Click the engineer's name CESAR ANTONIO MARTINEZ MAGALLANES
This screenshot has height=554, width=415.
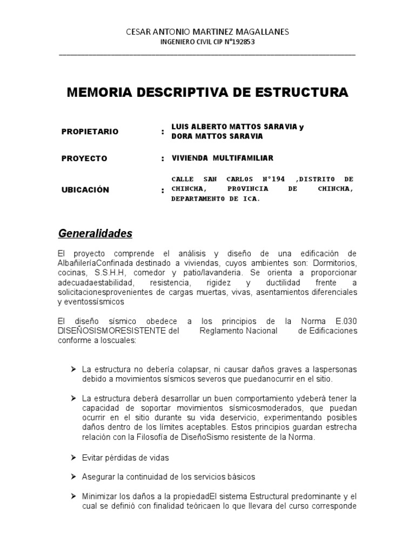208,32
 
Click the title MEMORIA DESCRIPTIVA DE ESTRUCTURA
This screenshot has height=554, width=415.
207,93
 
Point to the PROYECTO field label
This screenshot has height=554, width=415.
85,159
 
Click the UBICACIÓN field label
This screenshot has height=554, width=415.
85,189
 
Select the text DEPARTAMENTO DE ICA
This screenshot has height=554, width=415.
216,199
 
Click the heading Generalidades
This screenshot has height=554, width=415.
95,234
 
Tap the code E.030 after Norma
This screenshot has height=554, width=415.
345,321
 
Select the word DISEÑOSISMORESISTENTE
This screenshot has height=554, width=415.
112,331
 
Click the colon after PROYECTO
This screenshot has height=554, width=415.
163,159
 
